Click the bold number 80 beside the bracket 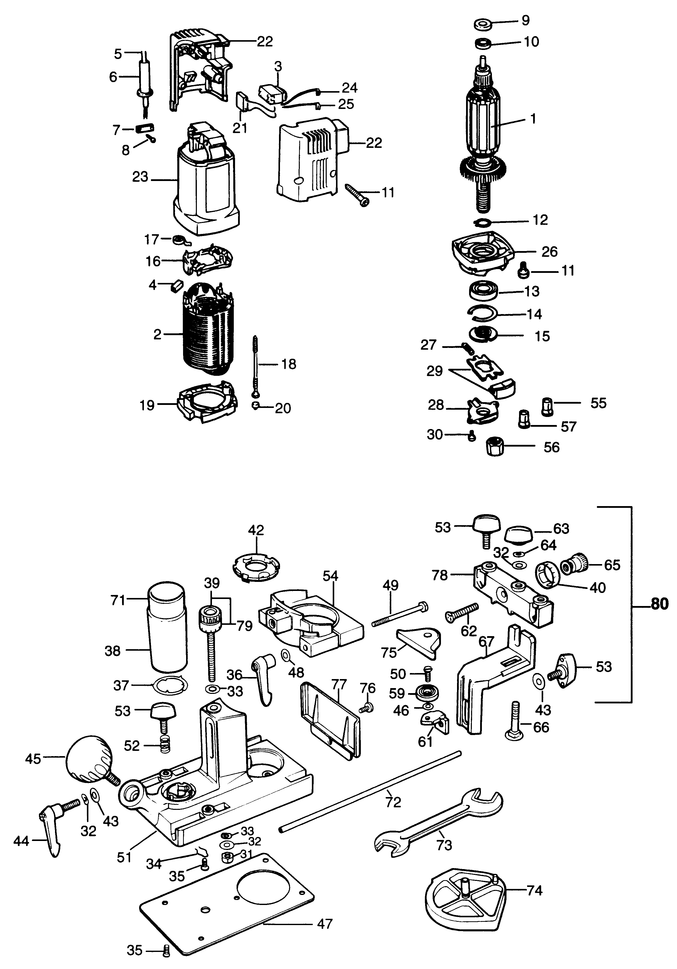(659, 604)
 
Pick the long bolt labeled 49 (399, 612)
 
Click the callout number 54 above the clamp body (330, 576)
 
